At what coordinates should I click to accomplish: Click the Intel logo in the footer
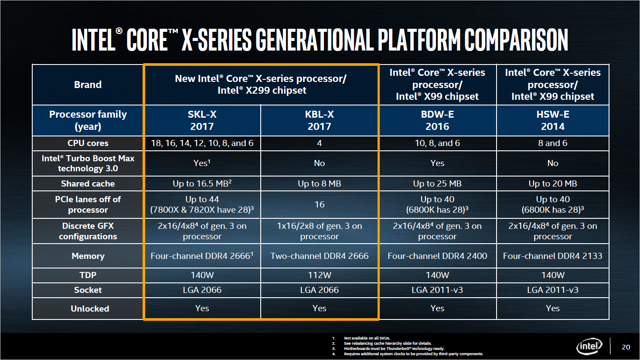[589, 347]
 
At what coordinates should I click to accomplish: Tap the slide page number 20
[626, 347]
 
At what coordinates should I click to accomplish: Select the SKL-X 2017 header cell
[202, 120]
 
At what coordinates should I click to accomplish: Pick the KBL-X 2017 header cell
[319, 120]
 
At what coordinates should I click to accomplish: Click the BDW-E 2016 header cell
[437, 120]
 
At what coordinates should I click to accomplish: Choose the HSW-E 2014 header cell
[552, 120]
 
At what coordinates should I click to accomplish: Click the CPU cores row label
[88, 143]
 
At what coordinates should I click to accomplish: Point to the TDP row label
[88, 275]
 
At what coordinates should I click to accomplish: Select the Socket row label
[88, 290]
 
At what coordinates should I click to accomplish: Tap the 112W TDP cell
[319, 275]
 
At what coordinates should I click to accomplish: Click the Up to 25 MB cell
[437, 183]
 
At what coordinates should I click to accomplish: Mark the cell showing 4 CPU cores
[319, 143]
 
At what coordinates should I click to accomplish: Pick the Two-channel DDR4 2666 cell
[319, 256]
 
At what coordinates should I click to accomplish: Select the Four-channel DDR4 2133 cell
[552, 256]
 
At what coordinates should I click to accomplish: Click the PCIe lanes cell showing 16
[319, 204]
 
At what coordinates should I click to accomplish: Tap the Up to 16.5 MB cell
[202, 183]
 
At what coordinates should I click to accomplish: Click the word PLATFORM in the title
[419, 40]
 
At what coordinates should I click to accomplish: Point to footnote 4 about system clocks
[413, 354]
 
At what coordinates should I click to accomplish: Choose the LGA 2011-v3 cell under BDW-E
[437, 290]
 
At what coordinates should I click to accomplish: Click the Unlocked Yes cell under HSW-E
[552, 308]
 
